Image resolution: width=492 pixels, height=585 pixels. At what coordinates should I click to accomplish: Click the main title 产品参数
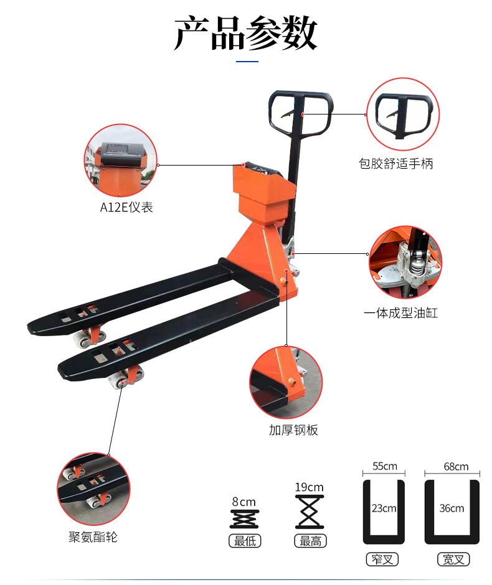pyautogui.click(x=245, y=33)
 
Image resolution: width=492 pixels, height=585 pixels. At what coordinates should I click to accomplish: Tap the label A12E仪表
pyautogui.click(x=126, y=207)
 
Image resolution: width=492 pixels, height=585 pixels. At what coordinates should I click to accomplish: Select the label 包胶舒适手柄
pyautogui.click(x=395, y=164)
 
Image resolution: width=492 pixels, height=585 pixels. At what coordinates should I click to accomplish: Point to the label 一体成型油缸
pyautogui.click(x=400, y=312)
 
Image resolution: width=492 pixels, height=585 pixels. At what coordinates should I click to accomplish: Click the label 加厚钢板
pyautogui.click(x=293, y=430)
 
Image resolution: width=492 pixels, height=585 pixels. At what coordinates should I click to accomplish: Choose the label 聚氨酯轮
pyautogui.click(x=93, y=537)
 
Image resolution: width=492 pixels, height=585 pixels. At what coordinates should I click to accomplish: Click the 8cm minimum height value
pyautogui.click(x=244, y=502)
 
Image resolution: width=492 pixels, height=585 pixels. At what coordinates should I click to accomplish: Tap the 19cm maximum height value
pyautogui.click(x=309, y=487)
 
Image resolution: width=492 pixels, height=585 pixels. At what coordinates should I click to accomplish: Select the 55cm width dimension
pyautogui.click(x=384, y=466)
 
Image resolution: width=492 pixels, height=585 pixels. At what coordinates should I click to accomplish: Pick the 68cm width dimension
pyautogui.click(x=456, y=466)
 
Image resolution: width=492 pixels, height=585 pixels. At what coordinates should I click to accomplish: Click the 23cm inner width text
pyautogui.click(x=384, y=508)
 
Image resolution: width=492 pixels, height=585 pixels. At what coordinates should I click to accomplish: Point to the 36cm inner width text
pyautogui.click(x=452, y=508)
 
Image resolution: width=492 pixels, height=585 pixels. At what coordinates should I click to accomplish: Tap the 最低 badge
pyautogui.click(x=245, y=541)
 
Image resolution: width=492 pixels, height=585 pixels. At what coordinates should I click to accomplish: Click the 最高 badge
pyautogui.click(x=310, y=541)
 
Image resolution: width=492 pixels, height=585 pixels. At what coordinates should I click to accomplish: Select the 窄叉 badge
pyautogui.click(x=382, y=559)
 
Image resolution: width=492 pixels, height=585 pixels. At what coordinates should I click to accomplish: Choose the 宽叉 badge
pyautogui.click(x=453, y=559)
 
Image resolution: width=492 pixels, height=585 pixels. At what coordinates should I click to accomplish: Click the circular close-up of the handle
pyautogui.click(x=403, y=114)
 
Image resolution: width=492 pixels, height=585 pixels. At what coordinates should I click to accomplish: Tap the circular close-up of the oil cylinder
pyautogui.click(x=405, y=262)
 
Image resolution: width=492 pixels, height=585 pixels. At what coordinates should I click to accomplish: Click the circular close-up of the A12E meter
pyautogui.click(x=121, y=161)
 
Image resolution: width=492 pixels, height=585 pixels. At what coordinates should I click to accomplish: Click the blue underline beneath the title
pyautogui.click(x=247, y=61)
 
